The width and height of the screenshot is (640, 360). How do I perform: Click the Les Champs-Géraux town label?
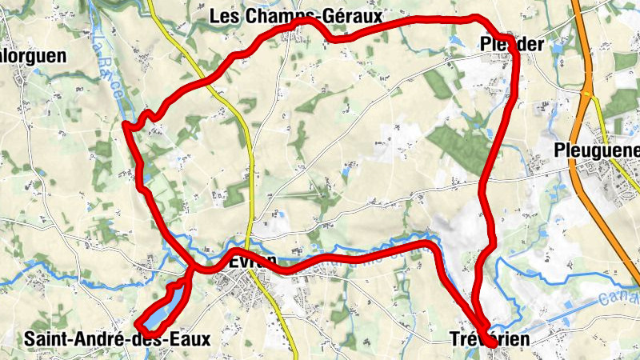pyautogui.click(x=295, y=15)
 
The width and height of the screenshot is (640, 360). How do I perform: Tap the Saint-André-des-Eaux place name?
pyautogui.click(x=117, y=339)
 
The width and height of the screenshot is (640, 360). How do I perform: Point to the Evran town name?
pyautogui.click(x=252, y=262)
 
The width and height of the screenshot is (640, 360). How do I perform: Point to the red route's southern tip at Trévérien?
pyautogui.click(x=488, y=344)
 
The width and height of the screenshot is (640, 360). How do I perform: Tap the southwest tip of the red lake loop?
pyautogui.click(x=138, y=325)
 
